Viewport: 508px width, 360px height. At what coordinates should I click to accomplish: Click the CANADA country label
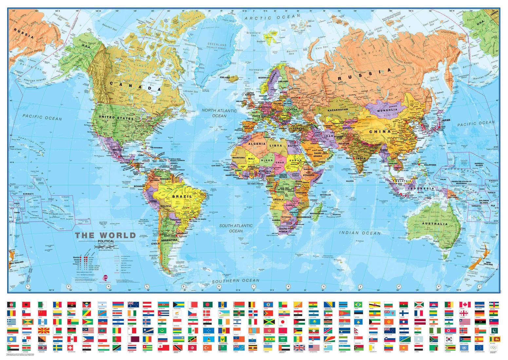click(135, 86)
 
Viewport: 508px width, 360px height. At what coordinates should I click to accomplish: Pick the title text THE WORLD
click(105, 235)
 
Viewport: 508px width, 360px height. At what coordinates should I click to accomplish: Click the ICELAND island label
click(225, 78)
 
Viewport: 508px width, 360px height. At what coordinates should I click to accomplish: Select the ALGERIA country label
click(256, 144)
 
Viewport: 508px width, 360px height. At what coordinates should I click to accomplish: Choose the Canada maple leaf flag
click(463, 305)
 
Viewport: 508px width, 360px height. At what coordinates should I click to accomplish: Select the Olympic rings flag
click(494, 347)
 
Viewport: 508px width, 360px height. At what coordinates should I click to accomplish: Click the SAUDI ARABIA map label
click(318, 154)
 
